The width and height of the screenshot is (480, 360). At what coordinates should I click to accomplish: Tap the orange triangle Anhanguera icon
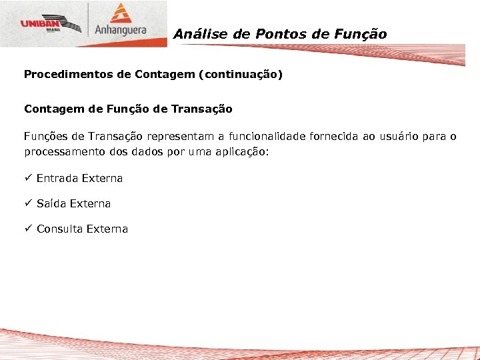click(x=121, y=15)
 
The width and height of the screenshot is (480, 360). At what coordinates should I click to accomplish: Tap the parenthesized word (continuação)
click(x=241, y=75)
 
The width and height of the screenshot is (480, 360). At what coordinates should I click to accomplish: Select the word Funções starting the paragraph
click(x=44, y=137)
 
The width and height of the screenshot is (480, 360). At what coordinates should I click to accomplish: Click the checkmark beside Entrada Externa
click(x=28, y=178)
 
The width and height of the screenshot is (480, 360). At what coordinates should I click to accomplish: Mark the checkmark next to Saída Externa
click(x=28, y=203)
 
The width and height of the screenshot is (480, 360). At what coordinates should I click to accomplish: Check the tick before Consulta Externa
click(x=28, y=229)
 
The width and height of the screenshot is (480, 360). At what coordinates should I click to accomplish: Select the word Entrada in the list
click(x=57, y=178)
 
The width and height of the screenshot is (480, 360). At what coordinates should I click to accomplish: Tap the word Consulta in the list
click(x=61, y=229)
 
